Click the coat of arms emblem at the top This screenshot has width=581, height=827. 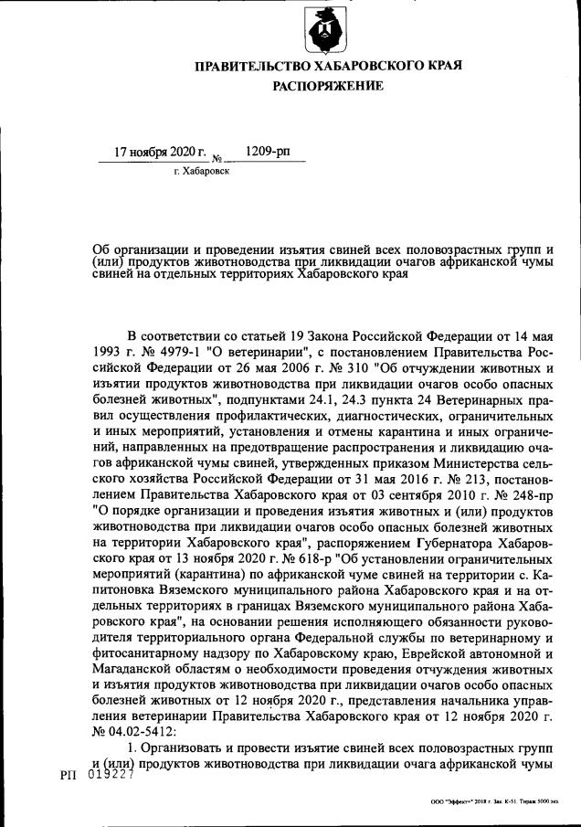[x=325, y=29]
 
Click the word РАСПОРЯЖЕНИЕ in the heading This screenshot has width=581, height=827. [x=327, y=87]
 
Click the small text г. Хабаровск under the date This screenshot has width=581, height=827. [x=201, y=171]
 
